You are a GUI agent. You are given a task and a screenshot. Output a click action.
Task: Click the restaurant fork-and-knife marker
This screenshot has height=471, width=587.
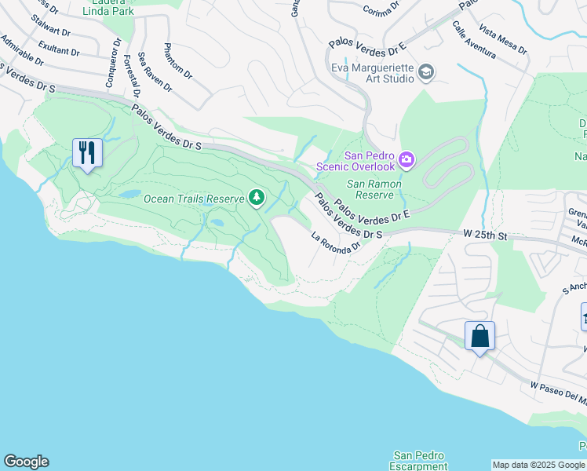[87, 152]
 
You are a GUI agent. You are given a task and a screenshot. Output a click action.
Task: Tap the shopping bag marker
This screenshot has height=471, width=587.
[479, 336]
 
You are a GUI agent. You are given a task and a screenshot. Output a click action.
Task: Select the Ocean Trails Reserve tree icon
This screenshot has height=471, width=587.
[257, 199]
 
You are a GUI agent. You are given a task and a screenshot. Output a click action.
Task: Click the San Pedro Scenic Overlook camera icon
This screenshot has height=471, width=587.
[407, 160]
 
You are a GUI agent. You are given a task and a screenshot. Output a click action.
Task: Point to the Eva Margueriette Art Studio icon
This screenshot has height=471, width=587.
[426, 73]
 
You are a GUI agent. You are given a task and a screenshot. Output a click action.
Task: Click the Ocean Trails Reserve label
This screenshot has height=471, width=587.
[194, 199]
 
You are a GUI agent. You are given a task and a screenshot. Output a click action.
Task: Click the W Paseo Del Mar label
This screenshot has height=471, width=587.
[559, 390]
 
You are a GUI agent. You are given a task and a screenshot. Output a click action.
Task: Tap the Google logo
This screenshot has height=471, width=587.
[26, 462]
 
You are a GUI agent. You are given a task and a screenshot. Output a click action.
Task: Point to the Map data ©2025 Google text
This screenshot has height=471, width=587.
[538, 465]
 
